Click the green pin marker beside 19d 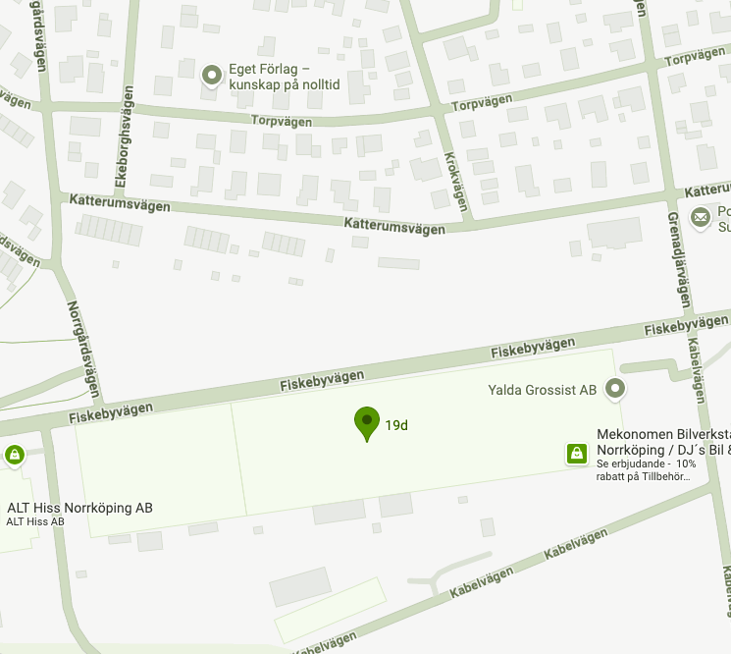pyautogui.click(x=367, y=422)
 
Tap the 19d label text pyautogui.click(x=396, y=425)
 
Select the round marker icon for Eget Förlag pyautogui.click(x=211, y=75)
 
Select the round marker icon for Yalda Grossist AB pyautogui.click(x=615, y=389)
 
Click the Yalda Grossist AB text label pyautogui.click(x=543, y=390)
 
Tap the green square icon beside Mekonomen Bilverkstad pyautogui.click(x=577, y=453)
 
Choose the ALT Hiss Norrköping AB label pyautogui.click(x=79, y=508)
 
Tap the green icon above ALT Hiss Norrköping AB pyautogui.click(x=14, y=455)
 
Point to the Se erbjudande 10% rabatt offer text pyautogui.click(x=644, y=469)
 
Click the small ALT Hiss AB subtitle pyautogui.click(x=35, y=521)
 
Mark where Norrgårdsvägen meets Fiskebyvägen pyautogui.click(x=100, y=406)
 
